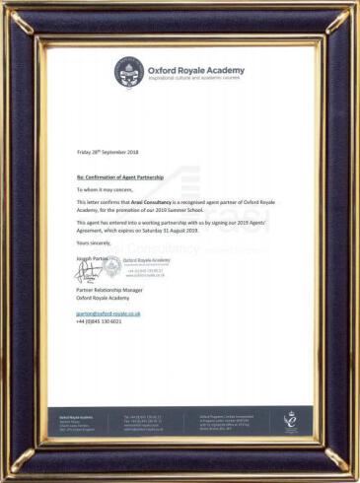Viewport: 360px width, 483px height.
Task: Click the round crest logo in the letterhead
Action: click(128, 71)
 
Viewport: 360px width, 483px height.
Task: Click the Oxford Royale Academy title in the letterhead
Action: click(195, 70)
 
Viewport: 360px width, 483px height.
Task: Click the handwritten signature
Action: click(88, 271)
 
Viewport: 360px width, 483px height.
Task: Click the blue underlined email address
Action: click(108, 313)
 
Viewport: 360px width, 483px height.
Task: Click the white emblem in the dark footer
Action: click(290, 421)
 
